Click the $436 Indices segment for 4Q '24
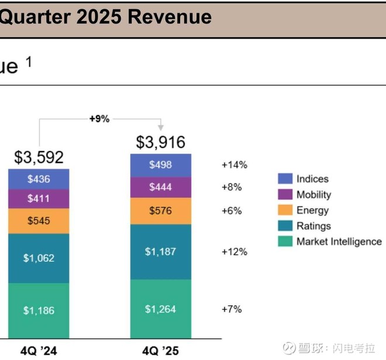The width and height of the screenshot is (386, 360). click(x=39, y=179)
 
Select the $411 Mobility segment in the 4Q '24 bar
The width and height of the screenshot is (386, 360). click(x=39, y=199)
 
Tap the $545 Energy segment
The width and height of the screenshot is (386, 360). click(x=39, y=221)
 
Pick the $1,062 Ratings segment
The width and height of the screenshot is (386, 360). click(x=39, y=258)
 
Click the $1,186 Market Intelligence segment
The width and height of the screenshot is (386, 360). click(x=39, y=310)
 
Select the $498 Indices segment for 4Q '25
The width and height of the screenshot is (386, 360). click(x=160, y=165)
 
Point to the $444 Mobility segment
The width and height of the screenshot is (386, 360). click(x=160, y=187)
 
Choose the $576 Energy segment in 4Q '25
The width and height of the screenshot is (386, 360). click(x=160, y=210)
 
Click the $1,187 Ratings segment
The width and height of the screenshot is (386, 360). click(x=160, y=252)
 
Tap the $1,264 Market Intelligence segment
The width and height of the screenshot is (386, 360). click(x=160, y=309)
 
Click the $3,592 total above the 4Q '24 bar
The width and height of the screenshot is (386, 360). click(x=39, y=158)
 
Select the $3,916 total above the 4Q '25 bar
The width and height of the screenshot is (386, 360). click(x=160, y=142)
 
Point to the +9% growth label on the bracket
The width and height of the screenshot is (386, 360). click(x=99, y=119)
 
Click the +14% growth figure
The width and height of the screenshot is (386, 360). click(x=234, y=165)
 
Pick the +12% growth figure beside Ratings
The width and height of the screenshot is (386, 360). click(x=234, y=252)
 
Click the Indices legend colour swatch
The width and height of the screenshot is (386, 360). click(x=285, y=179)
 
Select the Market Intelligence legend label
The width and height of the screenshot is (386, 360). click(x=339, y=241)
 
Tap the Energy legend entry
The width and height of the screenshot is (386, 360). click(x=312, y=210)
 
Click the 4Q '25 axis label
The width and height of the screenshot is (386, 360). click(x=160, y=351)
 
